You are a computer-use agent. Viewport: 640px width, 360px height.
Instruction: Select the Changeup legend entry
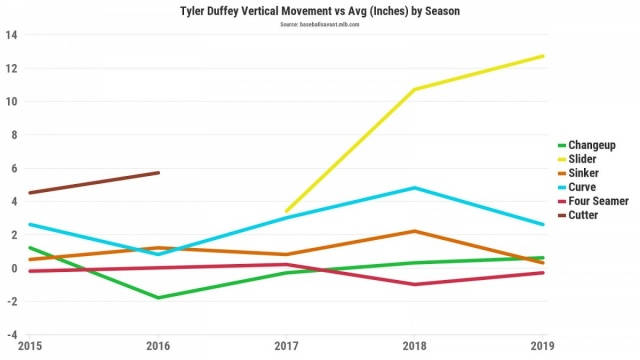(593, 145)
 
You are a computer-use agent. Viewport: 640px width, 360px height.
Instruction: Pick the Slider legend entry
(586, 159)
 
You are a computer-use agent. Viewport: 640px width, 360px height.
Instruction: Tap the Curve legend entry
(585, 187)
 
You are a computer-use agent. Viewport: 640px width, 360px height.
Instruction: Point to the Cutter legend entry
(586, 215)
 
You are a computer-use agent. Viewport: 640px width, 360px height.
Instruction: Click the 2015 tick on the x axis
(30, 346)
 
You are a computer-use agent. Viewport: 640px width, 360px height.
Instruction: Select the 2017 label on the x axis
(287, 346)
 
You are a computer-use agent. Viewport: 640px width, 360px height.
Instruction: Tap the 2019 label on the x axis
(543, 346)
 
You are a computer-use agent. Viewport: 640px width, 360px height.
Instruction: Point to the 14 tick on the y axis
(11, 35)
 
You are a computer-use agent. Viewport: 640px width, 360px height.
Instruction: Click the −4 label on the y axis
(9, 335)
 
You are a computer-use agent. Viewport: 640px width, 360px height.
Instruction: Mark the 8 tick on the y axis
(13, 135)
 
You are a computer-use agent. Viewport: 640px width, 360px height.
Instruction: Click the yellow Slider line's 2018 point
(415, 89)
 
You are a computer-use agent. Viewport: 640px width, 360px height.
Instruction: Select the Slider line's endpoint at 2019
(543, 56)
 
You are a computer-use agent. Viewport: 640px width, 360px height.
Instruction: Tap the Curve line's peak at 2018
(415, 188)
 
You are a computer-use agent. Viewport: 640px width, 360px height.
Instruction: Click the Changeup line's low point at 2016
(158, 297)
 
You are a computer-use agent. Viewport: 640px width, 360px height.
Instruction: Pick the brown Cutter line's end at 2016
(158, 173)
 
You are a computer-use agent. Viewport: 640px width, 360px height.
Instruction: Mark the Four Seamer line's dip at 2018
(415, 284)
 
